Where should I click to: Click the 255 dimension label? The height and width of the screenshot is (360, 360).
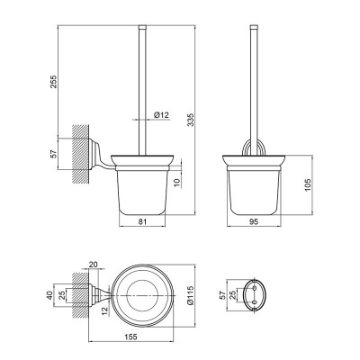tap(53, 81)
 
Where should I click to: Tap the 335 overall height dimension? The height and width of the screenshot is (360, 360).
tap(191, 120)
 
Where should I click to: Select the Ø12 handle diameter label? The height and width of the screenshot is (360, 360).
tap(161, 115)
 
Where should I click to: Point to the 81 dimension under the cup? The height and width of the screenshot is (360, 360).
tap(142, 221)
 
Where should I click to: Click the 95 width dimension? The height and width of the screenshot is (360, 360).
tap(254, 221)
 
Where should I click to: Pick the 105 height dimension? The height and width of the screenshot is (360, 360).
tap(308, 185)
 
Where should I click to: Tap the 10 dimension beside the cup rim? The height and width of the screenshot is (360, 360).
tap(176, 183)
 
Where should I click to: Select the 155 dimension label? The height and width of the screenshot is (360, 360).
tap(130, 337)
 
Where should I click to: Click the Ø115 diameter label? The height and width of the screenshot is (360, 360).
tap(191, 295)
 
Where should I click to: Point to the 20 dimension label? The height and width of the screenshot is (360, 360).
tap(94, 265)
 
